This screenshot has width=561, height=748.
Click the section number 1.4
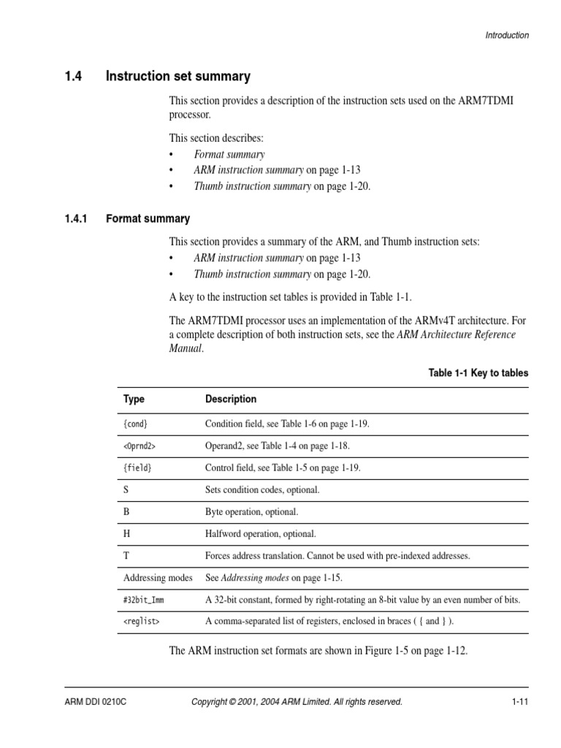(x=75, y=76)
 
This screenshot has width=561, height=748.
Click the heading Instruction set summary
(x=178, y=76)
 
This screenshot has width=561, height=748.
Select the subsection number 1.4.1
(x=77, y=218)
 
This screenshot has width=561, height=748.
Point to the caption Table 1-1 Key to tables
(x=478, y=373)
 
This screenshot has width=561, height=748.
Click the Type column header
(x=134, y=400)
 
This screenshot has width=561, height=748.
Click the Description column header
(x=231, y=400)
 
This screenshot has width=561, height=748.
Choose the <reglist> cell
(x=142, y=621)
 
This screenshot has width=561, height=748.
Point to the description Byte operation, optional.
(x=252, y=511)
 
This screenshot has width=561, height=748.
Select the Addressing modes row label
(x=158, y=577)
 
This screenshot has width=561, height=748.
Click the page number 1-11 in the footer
(x=519, y=702)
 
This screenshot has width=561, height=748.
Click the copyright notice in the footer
(x=297, y=702)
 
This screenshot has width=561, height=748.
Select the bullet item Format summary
(x=229, y=154)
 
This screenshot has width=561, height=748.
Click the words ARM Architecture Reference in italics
(x=456, y=335)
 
